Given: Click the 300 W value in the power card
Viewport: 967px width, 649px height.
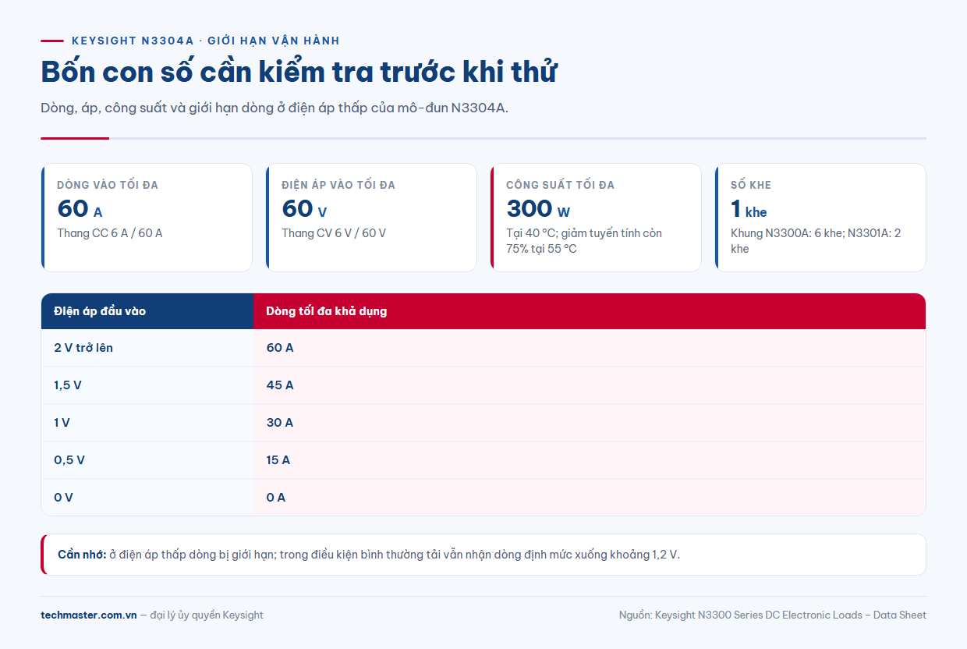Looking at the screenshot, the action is [x=538, y=209].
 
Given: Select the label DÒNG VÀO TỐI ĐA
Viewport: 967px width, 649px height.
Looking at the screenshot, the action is [x=108, y=185].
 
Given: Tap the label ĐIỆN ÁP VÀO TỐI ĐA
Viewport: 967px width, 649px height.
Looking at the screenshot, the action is [x=338, y=185].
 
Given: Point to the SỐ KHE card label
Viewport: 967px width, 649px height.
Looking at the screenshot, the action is [x=751, y=185].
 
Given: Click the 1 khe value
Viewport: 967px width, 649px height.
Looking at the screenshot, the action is [x=749, y=209].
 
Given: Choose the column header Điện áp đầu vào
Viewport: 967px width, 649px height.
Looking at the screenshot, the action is [x=100, y=311].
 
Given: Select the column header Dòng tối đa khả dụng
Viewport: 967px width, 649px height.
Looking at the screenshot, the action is [x=326, y=311].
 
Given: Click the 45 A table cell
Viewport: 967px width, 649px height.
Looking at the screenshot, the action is [x=280, y=385].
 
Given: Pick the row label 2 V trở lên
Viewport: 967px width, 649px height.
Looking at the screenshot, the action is [x=83, y=348].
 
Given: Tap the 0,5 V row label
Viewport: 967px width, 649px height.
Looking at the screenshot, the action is [x=69, y=460].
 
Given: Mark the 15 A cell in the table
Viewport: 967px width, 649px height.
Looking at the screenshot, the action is [x=278, y=460].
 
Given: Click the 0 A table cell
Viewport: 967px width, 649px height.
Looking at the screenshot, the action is [x=275, y=498].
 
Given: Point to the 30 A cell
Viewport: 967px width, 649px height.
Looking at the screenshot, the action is [x=280, y=422].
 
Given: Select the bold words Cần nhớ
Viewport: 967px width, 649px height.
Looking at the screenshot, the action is [x=82, y=555].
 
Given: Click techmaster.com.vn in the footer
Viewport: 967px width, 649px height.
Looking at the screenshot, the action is [x=88, y=615].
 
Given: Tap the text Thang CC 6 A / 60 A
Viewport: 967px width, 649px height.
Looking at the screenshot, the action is [x=110, y=233].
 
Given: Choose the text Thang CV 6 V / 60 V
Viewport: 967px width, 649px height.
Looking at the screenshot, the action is [x=334, y=233].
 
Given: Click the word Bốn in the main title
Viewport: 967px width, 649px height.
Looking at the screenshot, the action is [x=68, y=71].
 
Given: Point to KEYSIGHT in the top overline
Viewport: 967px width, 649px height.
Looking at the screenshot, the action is [x=104, y=41].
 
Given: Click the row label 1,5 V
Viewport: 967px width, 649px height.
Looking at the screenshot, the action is [x=67, y=385].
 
